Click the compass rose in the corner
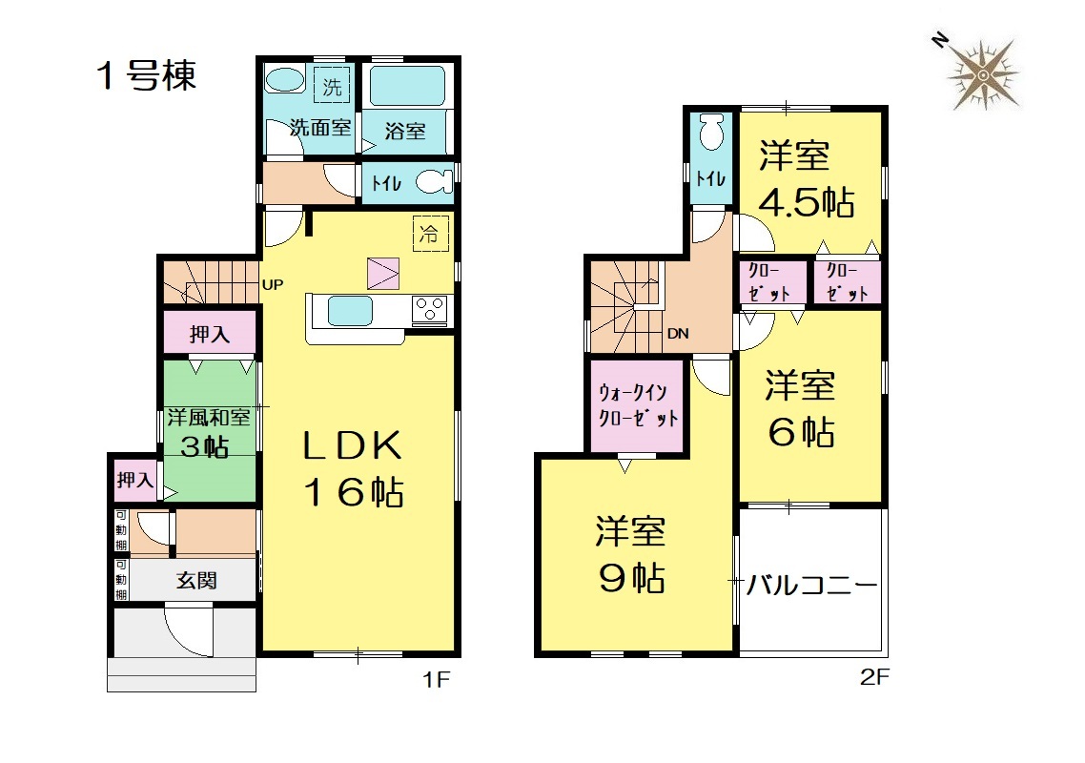(x=983, y=74)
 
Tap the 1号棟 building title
(x=147, y=75)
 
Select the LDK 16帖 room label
(x=353, y=468)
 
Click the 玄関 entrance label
(x=196, y=580)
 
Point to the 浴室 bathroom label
(x=405, y=131)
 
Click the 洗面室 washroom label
(x=320, y=128)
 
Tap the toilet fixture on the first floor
(x=434, y=183)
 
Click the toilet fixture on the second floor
(x=711, y=132)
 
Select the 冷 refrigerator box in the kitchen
(x=430, y=234)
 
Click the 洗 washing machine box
(x=332, y=87)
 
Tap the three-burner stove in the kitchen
(x=429, y=310)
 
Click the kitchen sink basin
(x=350, y=310)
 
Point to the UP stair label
(x=273, y=284)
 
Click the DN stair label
(x=678, y=334)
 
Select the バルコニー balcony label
(x=811, y=586)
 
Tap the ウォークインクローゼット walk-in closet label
(x=638, y=405)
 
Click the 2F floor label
(x=874, y=677)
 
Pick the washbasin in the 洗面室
(x=284, y=79)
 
